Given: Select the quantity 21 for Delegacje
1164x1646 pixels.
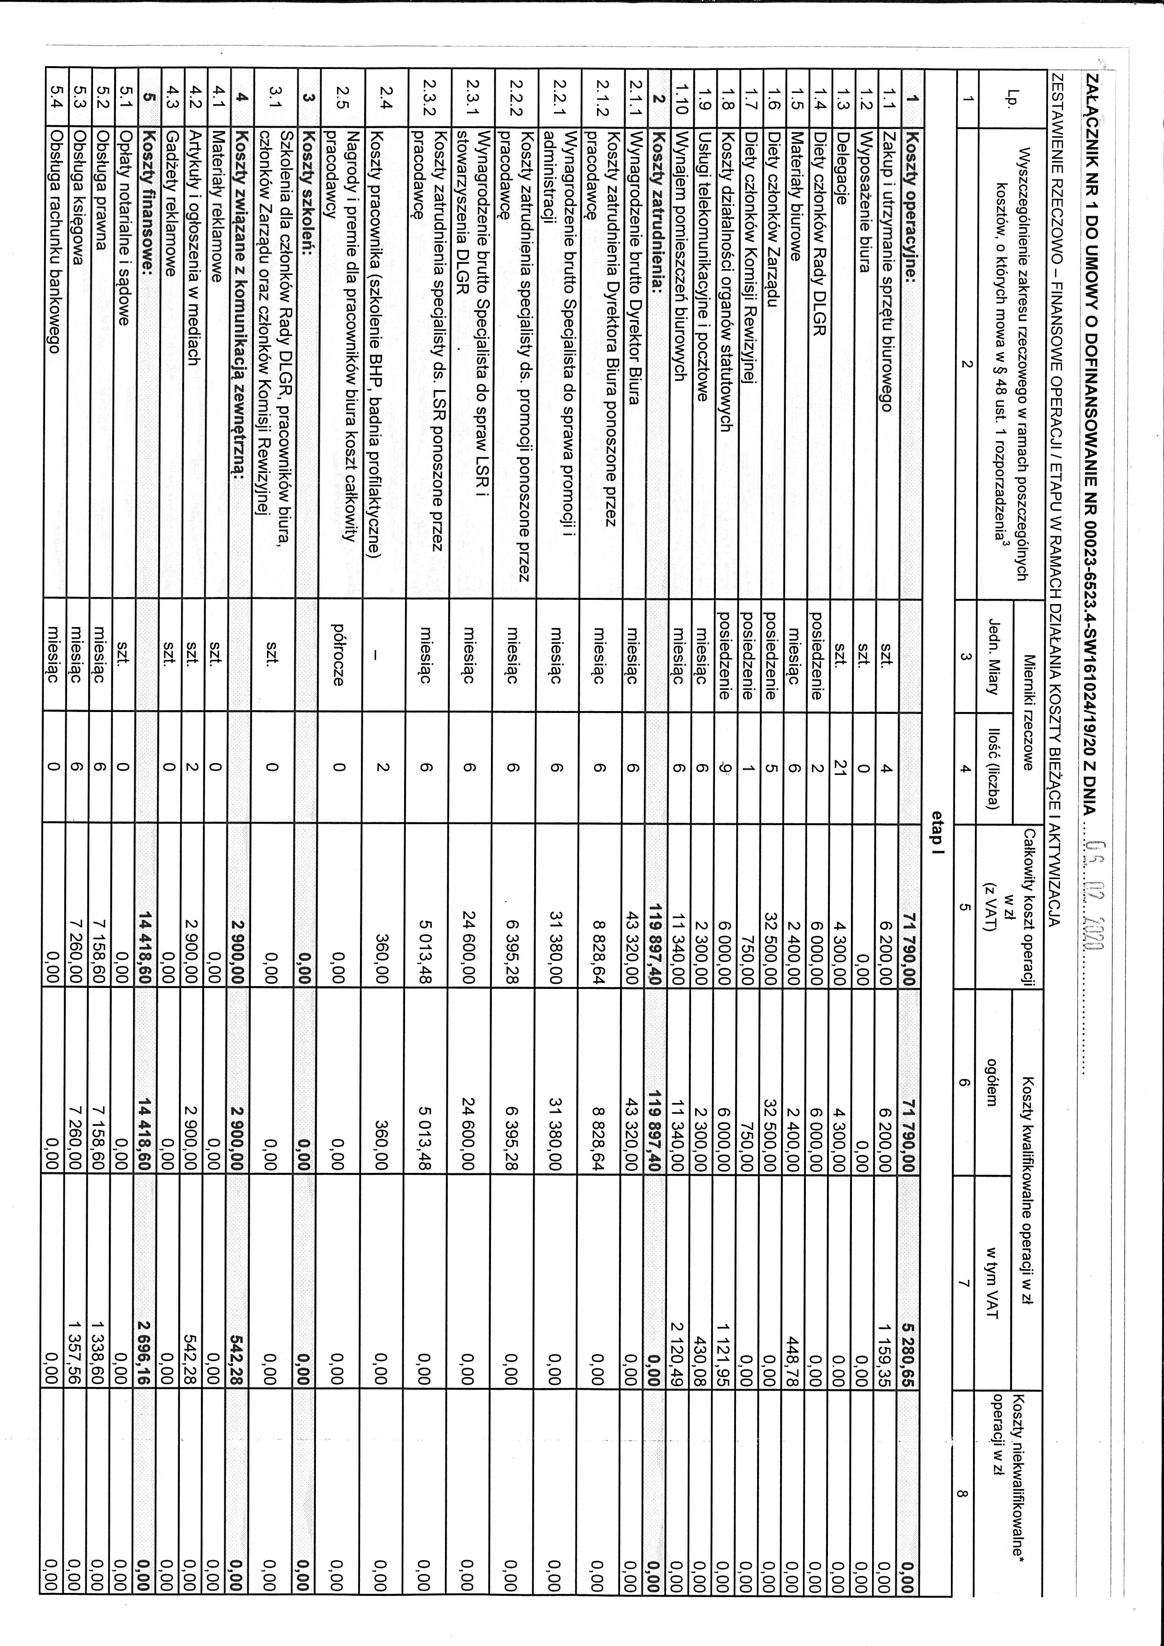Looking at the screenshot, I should pos(842,768).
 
